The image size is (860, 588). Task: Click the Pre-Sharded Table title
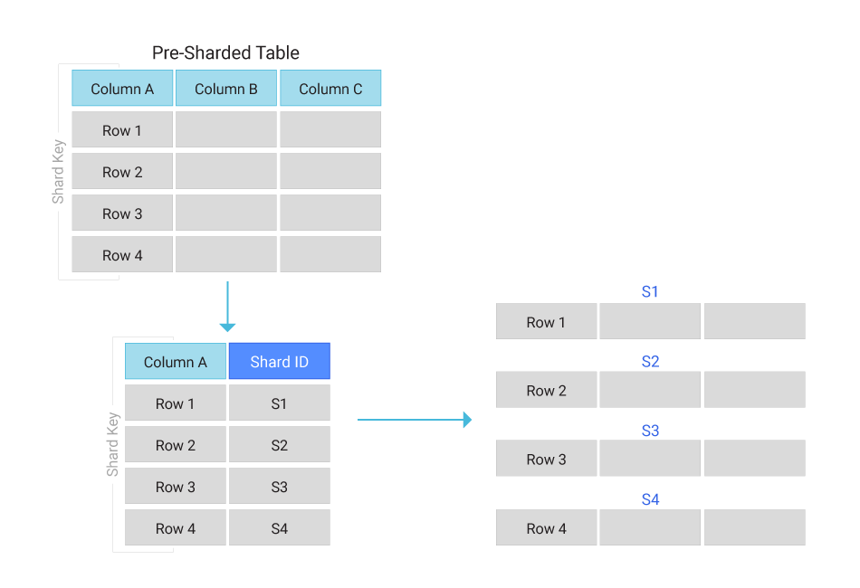click(225, 52)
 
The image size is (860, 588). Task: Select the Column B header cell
click(226, 89)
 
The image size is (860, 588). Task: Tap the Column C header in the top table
click(330, 89)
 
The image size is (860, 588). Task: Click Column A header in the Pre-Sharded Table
click(122, 89)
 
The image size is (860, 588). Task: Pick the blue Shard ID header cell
click(279, 362)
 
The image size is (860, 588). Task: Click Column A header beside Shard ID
click(176, 362)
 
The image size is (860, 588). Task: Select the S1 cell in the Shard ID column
click(279, 403)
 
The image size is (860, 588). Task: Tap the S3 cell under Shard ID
click(279, 487)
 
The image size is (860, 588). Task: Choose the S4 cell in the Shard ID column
click(279, 528)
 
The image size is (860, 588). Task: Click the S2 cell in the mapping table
click(279, 445)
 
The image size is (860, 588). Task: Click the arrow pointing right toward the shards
click(414, 420)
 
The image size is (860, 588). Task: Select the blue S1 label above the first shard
click(650, 292)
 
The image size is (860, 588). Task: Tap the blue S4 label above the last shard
click(650, 499)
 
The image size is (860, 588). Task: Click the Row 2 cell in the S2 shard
click(547, 391)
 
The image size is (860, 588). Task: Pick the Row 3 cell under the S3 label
click(547, 460)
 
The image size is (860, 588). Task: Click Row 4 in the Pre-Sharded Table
click(122, 255)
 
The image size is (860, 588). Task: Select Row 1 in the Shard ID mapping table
click(176, 403)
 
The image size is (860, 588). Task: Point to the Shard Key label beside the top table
click(58, 172)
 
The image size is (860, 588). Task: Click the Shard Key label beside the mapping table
click(112, 444)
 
